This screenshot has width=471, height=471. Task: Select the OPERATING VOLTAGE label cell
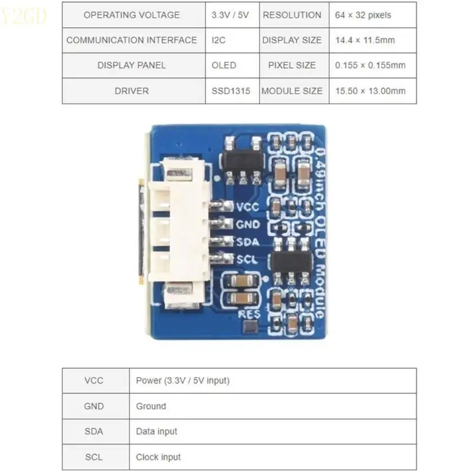click(131, 15)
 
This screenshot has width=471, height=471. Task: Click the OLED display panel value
click(224, 65)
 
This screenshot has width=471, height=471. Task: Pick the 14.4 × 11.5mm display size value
click(365, 40)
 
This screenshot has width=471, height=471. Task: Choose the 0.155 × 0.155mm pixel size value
click(370, 65)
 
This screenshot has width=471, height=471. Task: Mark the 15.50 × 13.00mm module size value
click(370, 91)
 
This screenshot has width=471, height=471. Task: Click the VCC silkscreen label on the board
click(247, 207)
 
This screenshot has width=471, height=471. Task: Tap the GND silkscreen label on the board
click(247, 224)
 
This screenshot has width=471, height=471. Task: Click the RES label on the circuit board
click(249, 314)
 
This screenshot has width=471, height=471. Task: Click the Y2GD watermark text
click(24, 16)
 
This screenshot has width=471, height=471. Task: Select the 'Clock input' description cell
click(158, 457)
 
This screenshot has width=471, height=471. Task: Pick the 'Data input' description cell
click(156, 432)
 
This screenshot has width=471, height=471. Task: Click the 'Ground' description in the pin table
click(151, 406)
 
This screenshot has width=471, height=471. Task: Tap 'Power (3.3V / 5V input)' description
click(183, 381)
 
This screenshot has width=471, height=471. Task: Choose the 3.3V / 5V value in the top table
click(230, 15)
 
